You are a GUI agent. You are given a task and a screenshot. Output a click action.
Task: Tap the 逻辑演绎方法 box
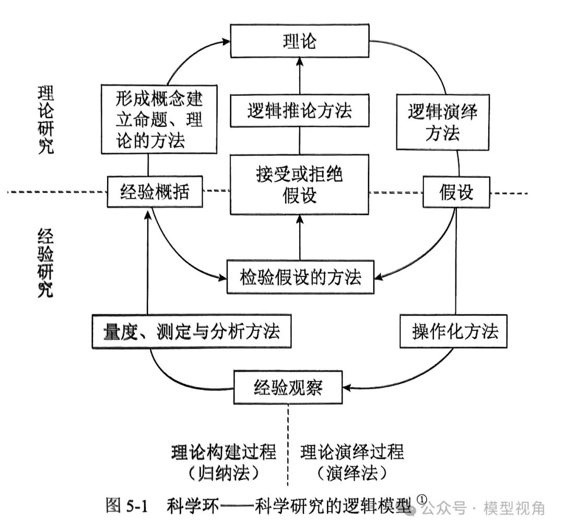[442, 122]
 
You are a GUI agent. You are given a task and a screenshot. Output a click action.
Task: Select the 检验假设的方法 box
[301, 276]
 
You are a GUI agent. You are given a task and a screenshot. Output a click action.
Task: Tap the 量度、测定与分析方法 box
[192, 331]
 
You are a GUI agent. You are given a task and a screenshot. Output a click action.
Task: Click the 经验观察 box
[288, 387]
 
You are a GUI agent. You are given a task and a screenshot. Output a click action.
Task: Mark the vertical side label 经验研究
[46, 263]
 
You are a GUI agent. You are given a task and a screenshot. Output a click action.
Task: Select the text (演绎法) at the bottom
[352, 473]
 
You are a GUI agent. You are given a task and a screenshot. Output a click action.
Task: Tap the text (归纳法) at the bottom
[224, 473]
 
